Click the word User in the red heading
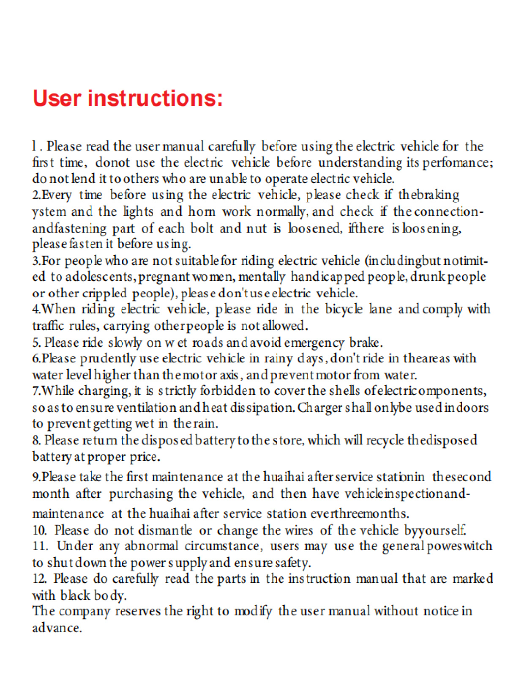57,98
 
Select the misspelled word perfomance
462,162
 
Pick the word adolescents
100,277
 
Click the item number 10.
40,530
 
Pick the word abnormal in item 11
151,546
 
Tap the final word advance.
57,628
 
